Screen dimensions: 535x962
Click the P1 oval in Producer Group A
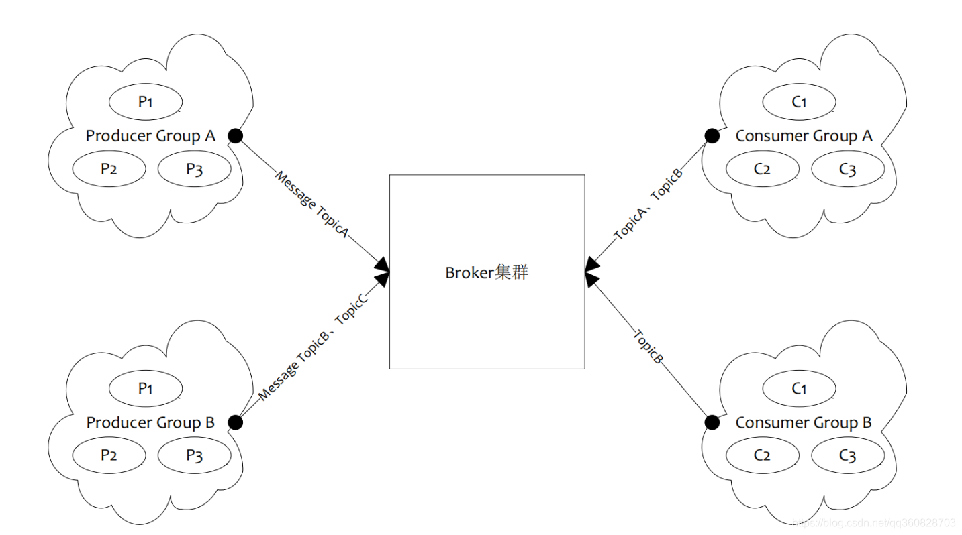146,102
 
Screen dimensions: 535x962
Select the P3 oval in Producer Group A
194,168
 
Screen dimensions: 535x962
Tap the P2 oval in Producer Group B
109,455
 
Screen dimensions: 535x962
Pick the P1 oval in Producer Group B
146,388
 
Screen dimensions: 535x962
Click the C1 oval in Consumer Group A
799,102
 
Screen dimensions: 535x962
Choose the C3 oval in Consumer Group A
847,169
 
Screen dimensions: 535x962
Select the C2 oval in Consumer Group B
762,455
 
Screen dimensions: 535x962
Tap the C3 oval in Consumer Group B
847,456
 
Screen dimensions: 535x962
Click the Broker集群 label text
487,273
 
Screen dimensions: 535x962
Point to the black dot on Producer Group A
236,136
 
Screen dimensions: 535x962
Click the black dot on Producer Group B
235,422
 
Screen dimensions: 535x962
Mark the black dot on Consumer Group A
712,136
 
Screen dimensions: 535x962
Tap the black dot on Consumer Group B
712,422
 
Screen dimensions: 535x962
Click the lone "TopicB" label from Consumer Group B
648,347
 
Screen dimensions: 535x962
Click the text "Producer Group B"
150,423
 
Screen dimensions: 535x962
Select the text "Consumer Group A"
804,136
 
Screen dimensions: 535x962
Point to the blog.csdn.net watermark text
873,522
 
